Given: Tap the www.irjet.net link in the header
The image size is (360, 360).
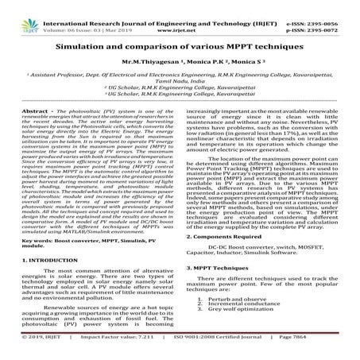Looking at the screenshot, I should tap(180, 14).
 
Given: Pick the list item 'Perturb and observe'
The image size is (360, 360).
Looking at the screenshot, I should tap(254, 310).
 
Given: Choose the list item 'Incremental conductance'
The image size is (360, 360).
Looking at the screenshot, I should tap(260, 317).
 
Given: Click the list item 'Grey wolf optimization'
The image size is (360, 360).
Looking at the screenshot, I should tap(258, 324).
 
